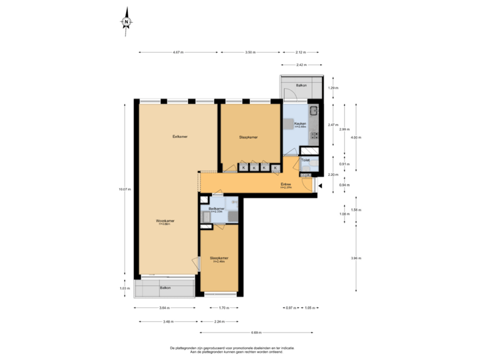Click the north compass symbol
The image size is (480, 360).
(126, 21)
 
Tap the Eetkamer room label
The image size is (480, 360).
(179, 137)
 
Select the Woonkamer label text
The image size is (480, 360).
(165, 221)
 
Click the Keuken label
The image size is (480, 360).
(300, 123)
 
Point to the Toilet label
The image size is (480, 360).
(305, 160)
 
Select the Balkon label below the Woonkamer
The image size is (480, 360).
(165, 287)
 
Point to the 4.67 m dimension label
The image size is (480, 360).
(177, 52)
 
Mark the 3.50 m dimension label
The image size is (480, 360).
(249, 52)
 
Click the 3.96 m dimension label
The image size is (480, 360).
(356, 258)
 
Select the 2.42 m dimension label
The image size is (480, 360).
(301, 65)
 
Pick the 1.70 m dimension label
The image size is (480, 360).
(224, 307)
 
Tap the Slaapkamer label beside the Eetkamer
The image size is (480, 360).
(249, 137)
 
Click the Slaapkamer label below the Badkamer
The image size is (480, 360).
(219, 258)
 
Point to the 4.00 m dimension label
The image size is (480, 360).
(356, 137)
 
